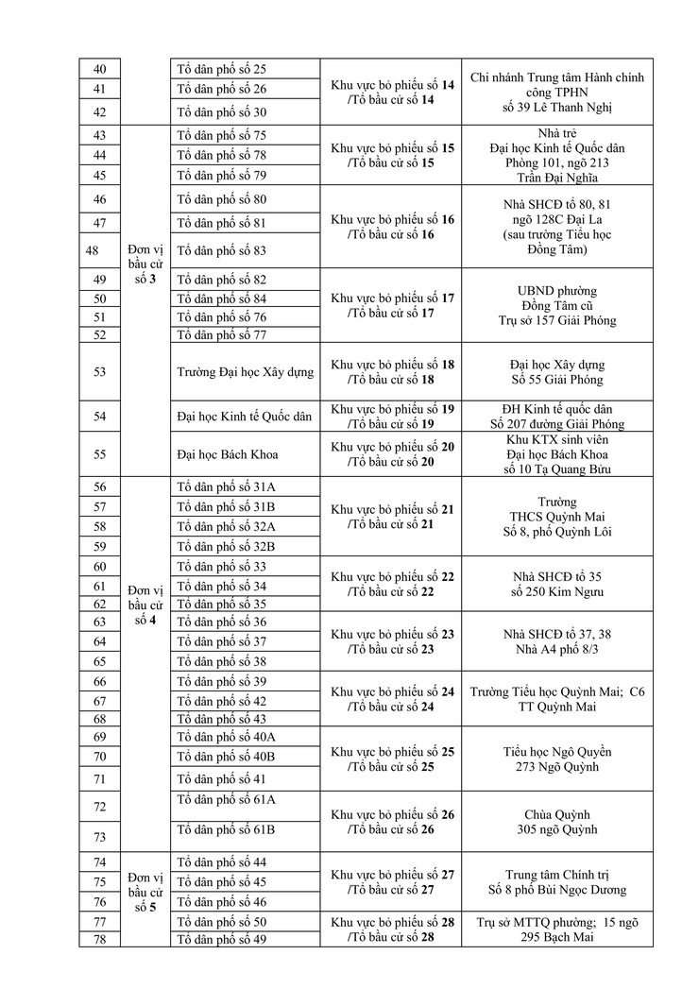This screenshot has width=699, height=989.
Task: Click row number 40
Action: coord(100,69)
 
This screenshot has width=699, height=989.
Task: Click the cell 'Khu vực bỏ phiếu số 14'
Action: coord(393,92)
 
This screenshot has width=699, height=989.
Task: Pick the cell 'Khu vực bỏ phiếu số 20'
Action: coord(393,454)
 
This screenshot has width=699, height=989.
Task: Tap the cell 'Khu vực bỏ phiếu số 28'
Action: coord(393,929)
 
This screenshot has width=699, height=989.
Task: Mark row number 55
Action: coord(100,454)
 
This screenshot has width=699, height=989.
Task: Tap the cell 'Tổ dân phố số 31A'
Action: coord(226,486)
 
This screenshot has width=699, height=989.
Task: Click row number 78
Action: coord(100,939)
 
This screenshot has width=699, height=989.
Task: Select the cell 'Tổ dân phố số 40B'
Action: coord(226,756)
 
